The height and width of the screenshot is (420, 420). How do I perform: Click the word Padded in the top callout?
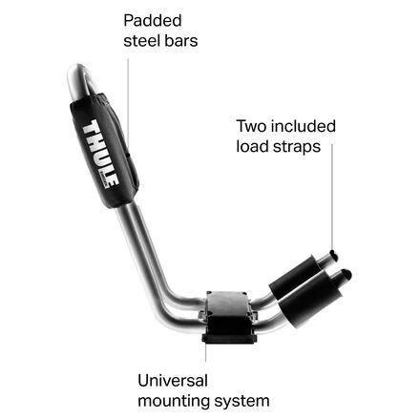click(153, 21)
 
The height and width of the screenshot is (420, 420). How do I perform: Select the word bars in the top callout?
click(180, 41)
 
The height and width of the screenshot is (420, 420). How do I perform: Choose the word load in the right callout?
click(251, 146)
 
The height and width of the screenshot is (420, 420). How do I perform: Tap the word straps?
click(295, 147)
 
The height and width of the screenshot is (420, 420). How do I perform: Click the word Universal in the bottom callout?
click(173, 381)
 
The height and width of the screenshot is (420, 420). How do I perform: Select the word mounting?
click(174, 402)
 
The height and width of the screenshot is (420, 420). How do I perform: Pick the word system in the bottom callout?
click(241, 402)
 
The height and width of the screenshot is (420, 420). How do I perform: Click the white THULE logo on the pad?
click(99, 155)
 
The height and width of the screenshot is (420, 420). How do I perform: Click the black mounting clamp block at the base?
click(228, 317)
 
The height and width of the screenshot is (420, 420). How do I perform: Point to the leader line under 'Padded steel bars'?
click(128, 101)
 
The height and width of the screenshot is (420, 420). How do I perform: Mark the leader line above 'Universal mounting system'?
click(206, 352)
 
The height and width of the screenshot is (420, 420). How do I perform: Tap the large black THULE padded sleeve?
click(104, 151)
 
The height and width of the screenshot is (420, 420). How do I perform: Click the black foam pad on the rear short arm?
click(294, 276)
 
